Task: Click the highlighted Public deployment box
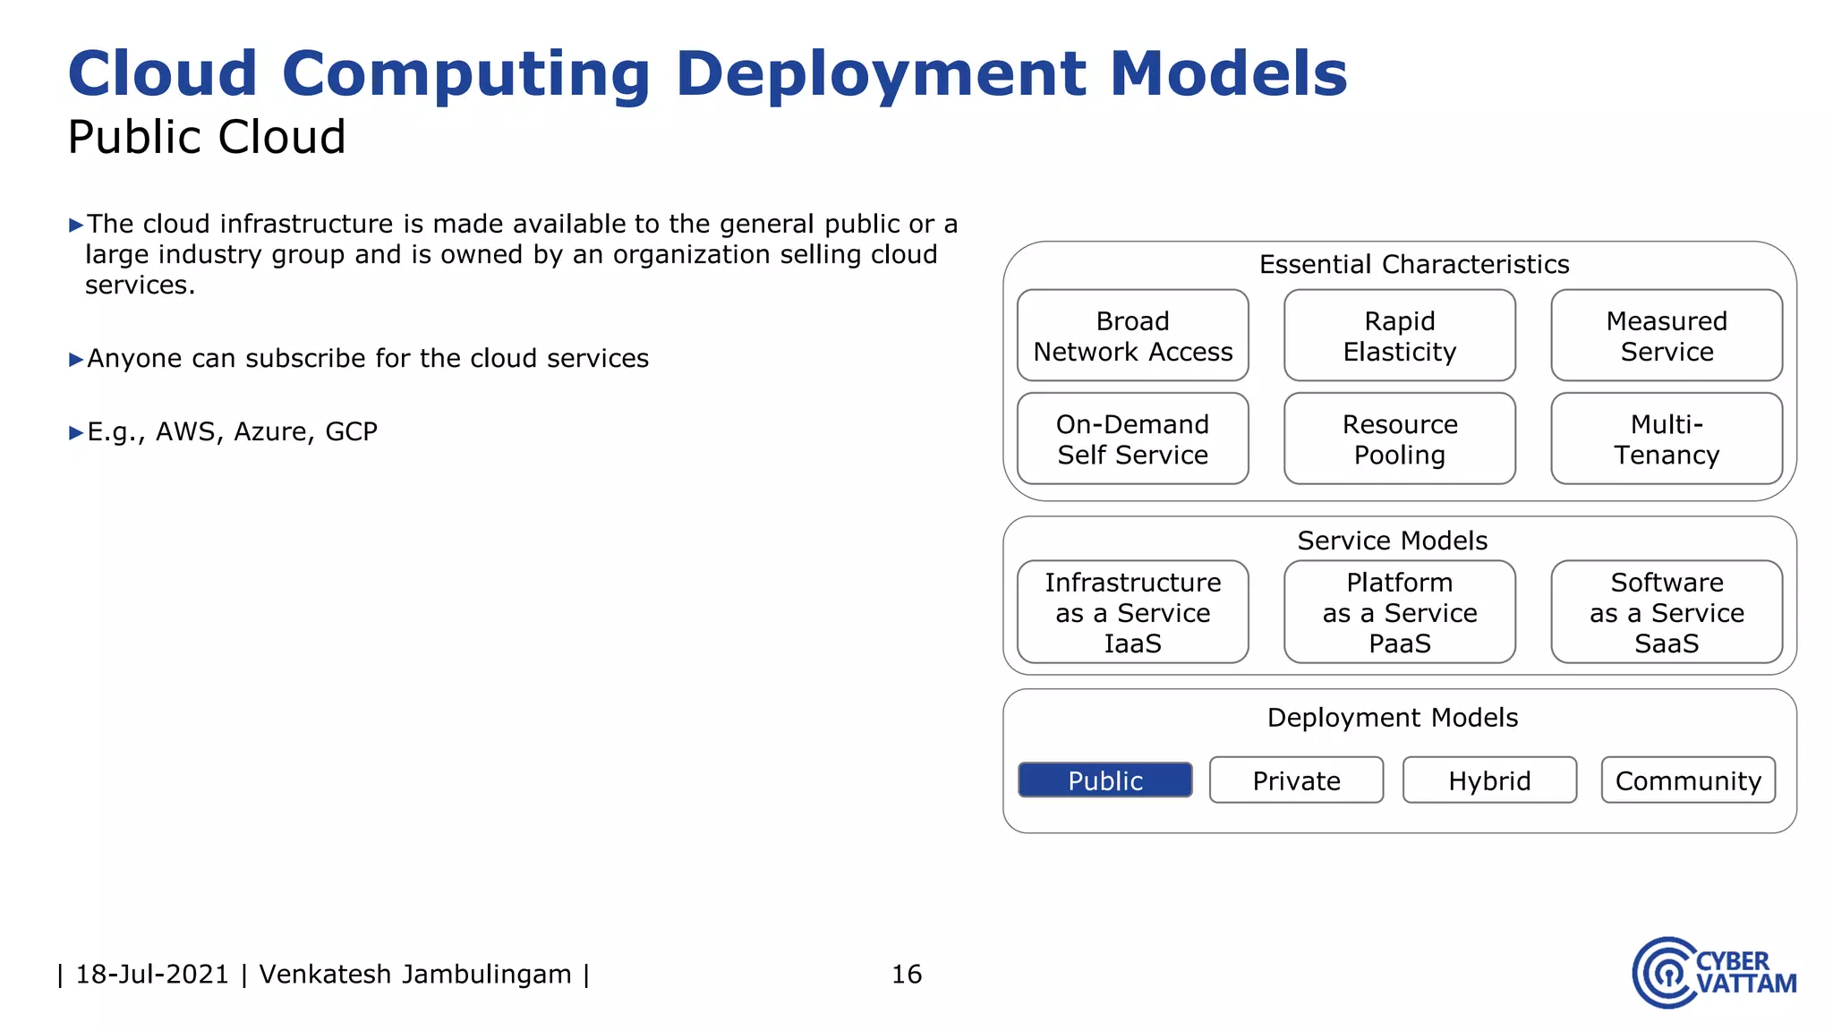[1104, 780]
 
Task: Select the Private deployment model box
[1296, 780]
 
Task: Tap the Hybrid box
[1489, 780]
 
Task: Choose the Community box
[1688, 780]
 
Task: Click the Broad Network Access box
[1132, 336]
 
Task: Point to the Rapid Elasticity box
[1399, 336]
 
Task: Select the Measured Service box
[1666, 336]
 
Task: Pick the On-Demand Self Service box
[1132, 439]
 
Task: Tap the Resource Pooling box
[1399, 439]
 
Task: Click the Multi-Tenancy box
[1666, 439]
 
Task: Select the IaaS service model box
[1132, 612]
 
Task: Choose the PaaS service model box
[1399, 612]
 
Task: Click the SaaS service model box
[1666, 612]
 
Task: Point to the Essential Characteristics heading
[1413, 264]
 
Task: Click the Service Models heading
[1392, 541]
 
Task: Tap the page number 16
[906, 974]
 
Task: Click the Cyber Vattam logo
[1713, 973]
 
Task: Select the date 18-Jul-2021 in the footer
[152, 974]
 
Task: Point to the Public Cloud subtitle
[206, 137]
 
